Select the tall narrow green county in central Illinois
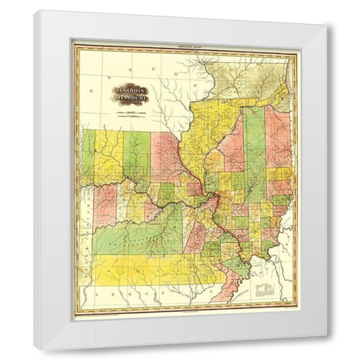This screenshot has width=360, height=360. click(253, 154)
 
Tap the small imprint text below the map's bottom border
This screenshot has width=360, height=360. click(184, 315)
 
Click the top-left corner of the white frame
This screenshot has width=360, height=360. click(34, 11)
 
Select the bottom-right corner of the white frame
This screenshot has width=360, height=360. click(327, 349)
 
